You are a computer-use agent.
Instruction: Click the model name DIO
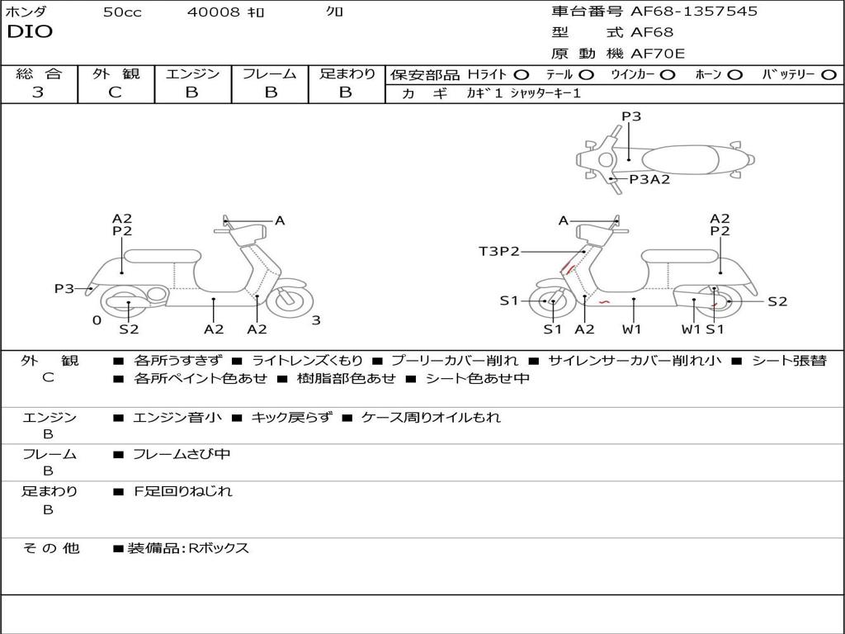(x=30, y=32)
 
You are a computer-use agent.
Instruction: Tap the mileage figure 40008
(x=214, y=12)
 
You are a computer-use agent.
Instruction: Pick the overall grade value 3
(x=38, y=92)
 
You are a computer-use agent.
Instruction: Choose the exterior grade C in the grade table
(x=115, y=92)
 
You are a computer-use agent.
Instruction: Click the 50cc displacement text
(x=122, y=12)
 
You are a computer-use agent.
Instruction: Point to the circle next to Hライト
(x=522, y=75)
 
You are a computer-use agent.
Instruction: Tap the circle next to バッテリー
(x=829, y=75)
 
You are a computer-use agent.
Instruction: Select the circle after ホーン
(x=735, y=75)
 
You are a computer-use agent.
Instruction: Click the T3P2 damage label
(x=499, y=252)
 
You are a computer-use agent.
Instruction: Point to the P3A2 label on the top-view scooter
(x=649, y=179)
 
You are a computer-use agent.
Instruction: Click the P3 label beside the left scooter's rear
(x=64, y=289)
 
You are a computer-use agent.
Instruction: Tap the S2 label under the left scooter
(x=129, y=329)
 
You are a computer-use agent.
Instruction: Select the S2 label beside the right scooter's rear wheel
(x=777, y=301)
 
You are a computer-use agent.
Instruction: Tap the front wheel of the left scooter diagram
(x=290, y=300)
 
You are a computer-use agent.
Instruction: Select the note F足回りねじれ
(x=183, y=491)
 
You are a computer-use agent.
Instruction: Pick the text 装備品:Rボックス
(x=188, y=548)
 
